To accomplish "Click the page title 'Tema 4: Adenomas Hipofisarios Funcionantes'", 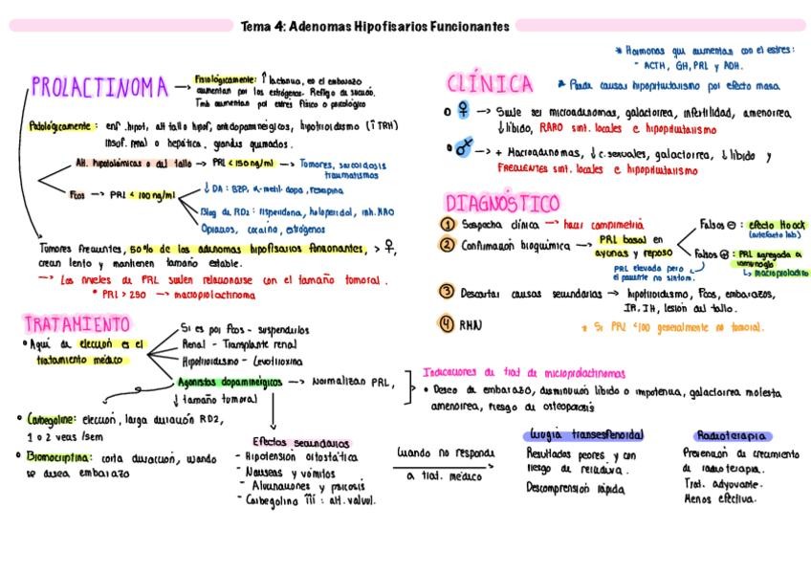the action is [374, 27].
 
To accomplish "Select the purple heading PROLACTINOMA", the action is [99, 89].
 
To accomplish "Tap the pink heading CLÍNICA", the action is [490, 85].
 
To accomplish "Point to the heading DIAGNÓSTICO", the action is [502, 204].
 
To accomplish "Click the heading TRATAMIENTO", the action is [77, 323].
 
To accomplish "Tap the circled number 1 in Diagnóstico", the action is [447, 224].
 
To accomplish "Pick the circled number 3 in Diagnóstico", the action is [447, 292].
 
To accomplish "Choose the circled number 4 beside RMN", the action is [447, 323].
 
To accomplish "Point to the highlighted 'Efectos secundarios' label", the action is [301, 442].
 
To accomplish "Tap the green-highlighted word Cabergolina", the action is [55, 419].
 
